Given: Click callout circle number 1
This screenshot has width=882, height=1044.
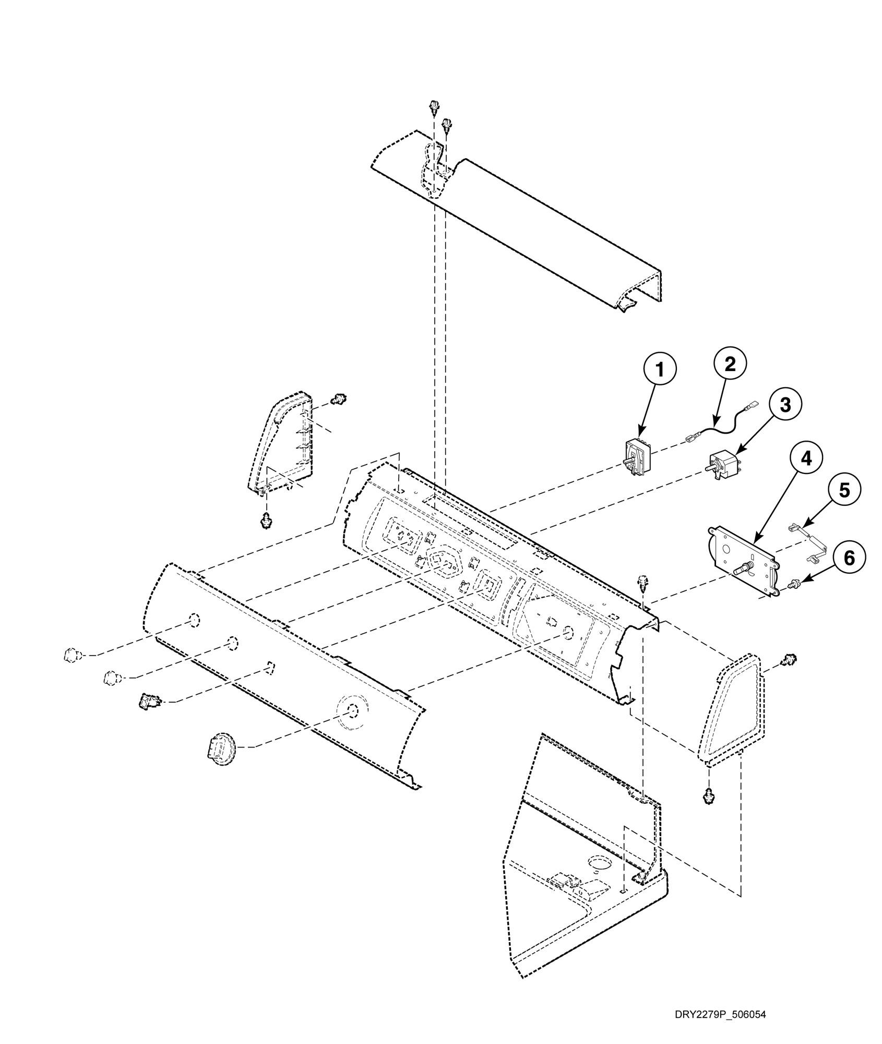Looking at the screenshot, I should [x=660, y=370].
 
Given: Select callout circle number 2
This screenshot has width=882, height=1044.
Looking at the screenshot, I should [x=729, y=364].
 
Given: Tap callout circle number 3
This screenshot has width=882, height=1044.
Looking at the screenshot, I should [x=785, y=404].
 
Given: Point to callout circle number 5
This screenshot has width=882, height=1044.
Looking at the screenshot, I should [x=844, y=490].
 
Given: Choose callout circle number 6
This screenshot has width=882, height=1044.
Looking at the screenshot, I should [x=849, y=557].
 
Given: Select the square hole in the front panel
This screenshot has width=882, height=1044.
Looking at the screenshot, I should [x=269, y=667].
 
